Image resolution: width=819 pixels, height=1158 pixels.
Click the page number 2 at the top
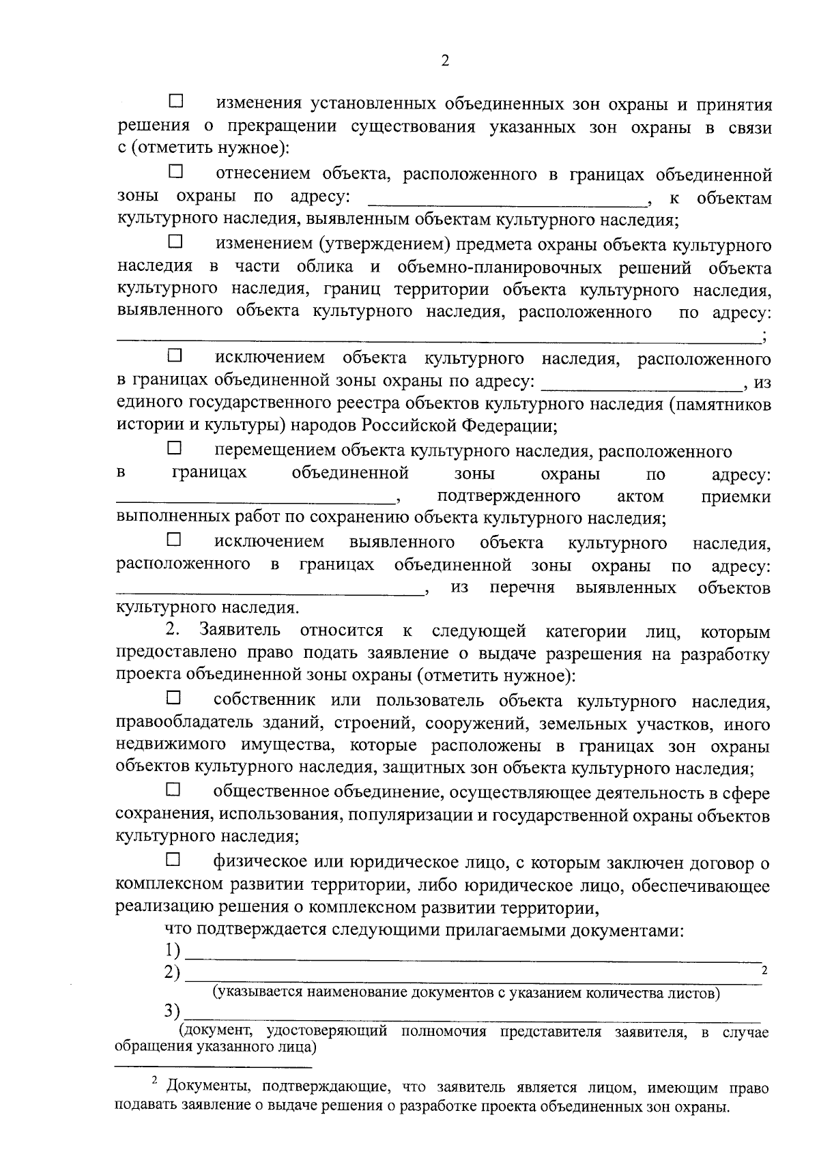pos(445,61)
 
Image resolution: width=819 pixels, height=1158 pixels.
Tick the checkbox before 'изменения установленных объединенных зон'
pos(176,102)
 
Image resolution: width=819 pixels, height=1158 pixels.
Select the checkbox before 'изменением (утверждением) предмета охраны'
pos(176,241)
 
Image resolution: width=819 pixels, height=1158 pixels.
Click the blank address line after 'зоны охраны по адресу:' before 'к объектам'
pos(506,203)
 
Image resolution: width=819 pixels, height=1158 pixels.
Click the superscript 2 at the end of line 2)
pos(764,970)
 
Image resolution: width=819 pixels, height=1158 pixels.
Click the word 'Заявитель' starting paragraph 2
pos(238,631)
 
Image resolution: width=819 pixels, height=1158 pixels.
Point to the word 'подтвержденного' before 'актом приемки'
pos(508,496)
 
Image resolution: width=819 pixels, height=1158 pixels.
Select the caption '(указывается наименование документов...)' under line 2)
pos(465,993)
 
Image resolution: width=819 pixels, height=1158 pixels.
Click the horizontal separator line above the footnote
pos(213,1066)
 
